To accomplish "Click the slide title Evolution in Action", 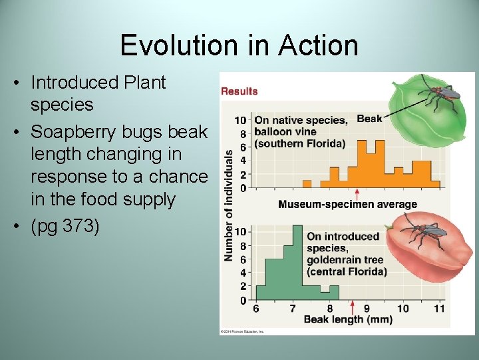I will pos(239,45).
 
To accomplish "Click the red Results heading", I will pos(239,91).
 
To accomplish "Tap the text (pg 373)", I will pos(65,227).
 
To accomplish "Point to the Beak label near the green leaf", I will pos(369,119).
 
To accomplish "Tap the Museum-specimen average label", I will pos(347,205).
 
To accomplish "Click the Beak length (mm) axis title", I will pos(348,319).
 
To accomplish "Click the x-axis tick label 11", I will pos(439,309).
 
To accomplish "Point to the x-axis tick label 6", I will pos(257,309).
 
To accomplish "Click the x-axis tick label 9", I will pos(366,309).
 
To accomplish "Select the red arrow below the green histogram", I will pos(352,307).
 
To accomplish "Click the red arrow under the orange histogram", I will pos(357,194).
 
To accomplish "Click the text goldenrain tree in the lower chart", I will pos(338,260).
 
